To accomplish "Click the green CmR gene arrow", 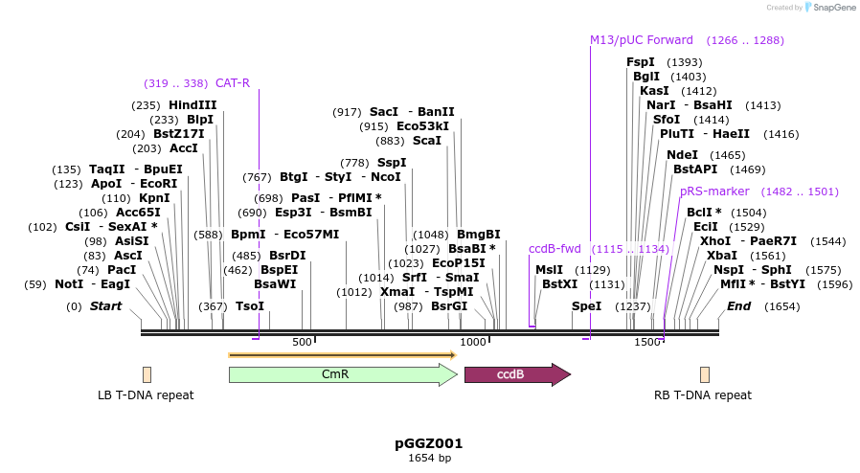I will coord(342,374).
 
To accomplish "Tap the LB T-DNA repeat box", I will coord(147,374).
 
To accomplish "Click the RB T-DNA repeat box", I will coord(705,374).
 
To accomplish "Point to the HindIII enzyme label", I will coord(192,105).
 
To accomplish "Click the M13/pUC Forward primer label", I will coord(642,40).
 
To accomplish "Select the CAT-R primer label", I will coord(233,83).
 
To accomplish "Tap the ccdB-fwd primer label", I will coord(555,249).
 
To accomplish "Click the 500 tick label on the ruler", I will coord(302,342).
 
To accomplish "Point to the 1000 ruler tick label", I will coord(473,342).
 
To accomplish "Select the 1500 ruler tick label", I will coord(647,342).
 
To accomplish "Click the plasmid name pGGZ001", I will coord(429,443).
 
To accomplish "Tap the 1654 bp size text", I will coord(429,459).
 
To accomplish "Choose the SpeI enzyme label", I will coord(586,306).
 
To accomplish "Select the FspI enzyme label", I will coord(641,62).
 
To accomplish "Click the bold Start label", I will coord(105,306).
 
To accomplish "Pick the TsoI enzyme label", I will coord(249,306).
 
